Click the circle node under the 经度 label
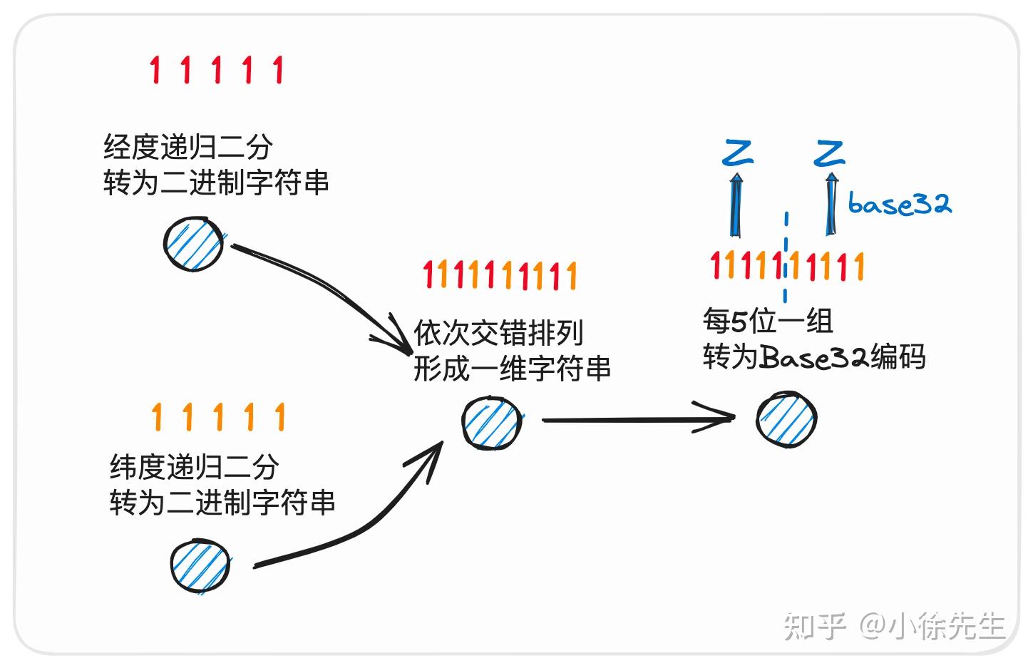pyautogui.click(x=193, y=243)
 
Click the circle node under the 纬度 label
pyautogui.click(x=200, y=566)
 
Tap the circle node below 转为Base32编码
pyautogui.click(x=786, y=419)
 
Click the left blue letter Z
pyautogui.click(x=738, y=153)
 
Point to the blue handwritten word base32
pyautogui.click(x=899, y=205)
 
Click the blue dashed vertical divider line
pyautogui.click(x=786, y=257)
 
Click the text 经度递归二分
pyautogui.click(x=188, y=148)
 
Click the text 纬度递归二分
pyautogui.click(x=194, y=468)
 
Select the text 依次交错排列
pyautogui.click(x=498, y=333)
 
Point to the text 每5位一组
pyautogui.click(x=768, y=321)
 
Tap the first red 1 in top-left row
pyautogui.click(x=155, y=70)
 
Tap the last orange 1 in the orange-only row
pyautogui.click(x=279, y=417)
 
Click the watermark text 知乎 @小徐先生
pyautogui.click(x=894, y=626)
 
